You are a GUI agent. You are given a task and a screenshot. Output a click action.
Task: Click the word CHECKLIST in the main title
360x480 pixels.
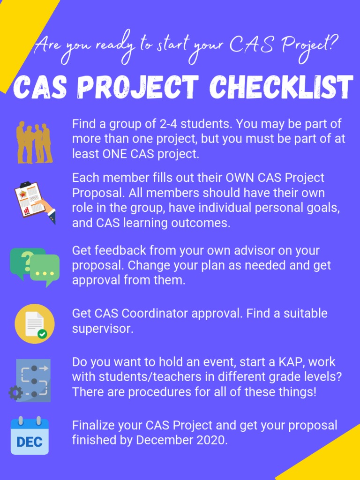[x=281, y=87]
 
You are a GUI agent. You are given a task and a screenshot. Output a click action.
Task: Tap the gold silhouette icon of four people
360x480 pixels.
[x=34, y=142]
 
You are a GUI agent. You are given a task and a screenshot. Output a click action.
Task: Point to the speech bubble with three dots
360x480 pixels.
[x=45, y=270]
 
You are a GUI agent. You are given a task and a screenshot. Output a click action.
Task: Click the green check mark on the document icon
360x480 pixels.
[x=43, y=334]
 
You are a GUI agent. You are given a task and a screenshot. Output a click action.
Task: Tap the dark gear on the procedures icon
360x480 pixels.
[x=15, y=392]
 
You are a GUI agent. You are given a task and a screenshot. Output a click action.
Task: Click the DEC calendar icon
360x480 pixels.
[x=30, y=436]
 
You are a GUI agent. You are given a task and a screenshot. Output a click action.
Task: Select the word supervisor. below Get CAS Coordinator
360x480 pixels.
[x=102, y=329]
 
